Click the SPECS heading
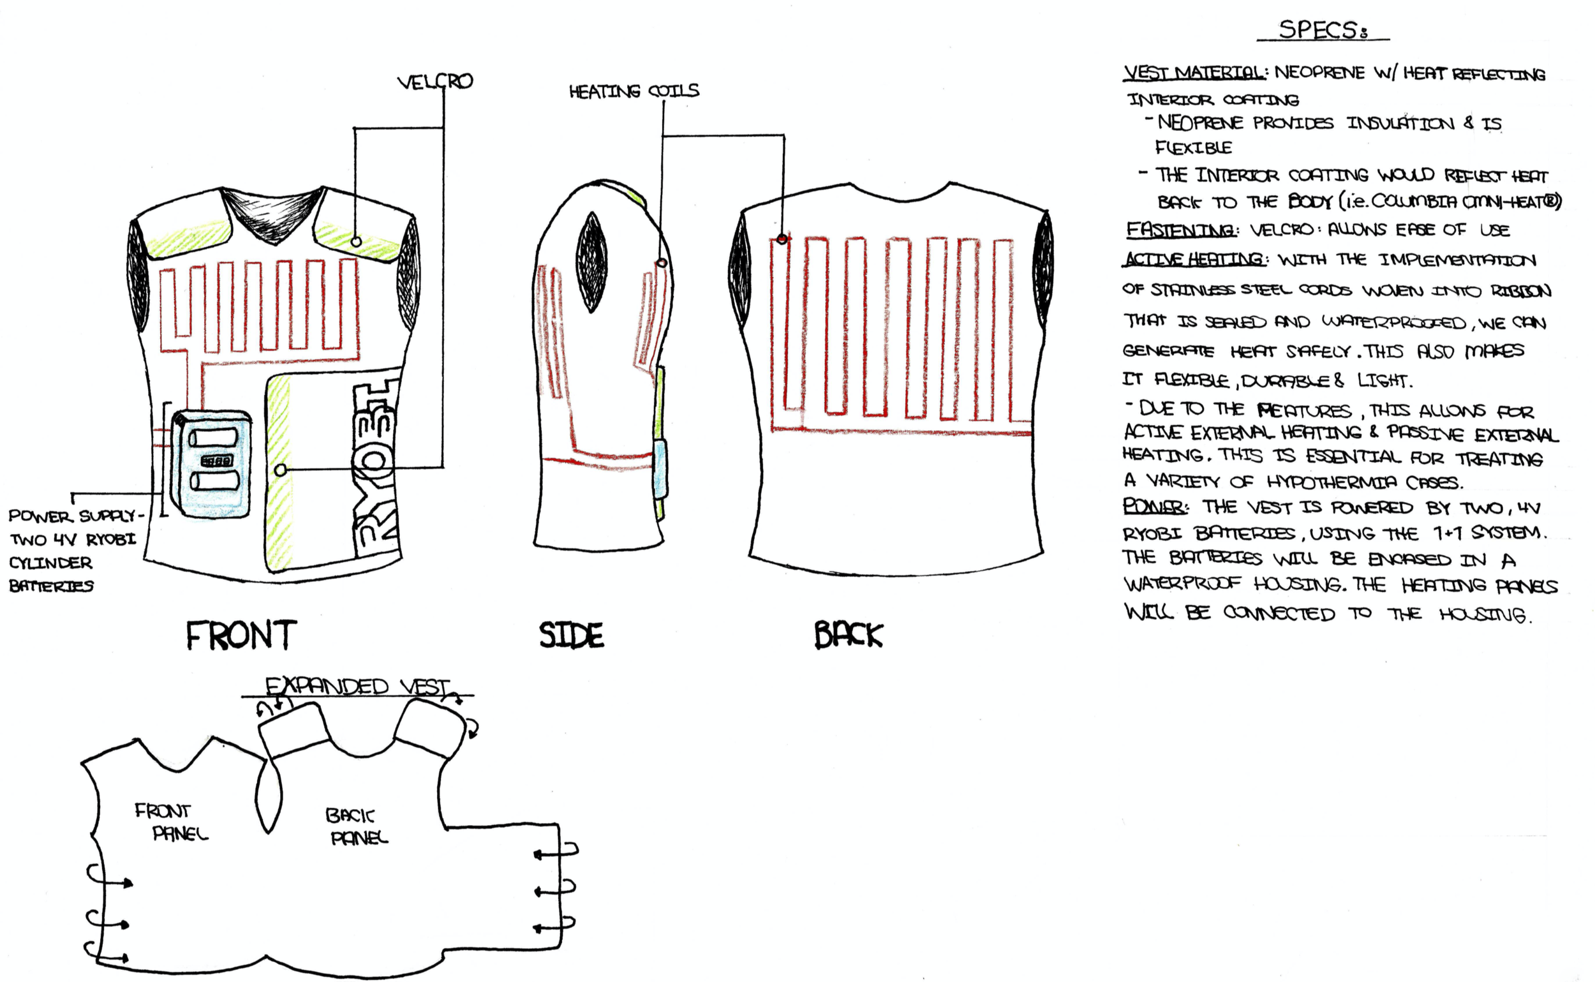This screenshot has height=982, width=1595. [1322, 30]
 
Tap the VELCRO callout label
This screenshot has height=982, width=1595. [434, 82]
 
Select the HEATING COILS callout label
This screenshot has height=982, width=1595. [634, 91]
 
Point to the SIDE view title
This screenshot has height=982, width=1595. [572, 635]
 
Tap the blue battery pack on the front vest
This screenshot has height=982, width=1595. [212, 463]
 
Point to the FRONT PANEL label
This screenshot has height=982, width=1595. [170, 822]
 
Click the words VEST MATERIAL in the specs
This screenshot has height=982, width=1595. [1194, 72]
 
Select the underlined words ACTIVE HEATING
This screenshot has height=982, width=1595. [1194, 260]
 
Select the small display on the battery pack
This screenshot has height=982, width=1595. [216, 461]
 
